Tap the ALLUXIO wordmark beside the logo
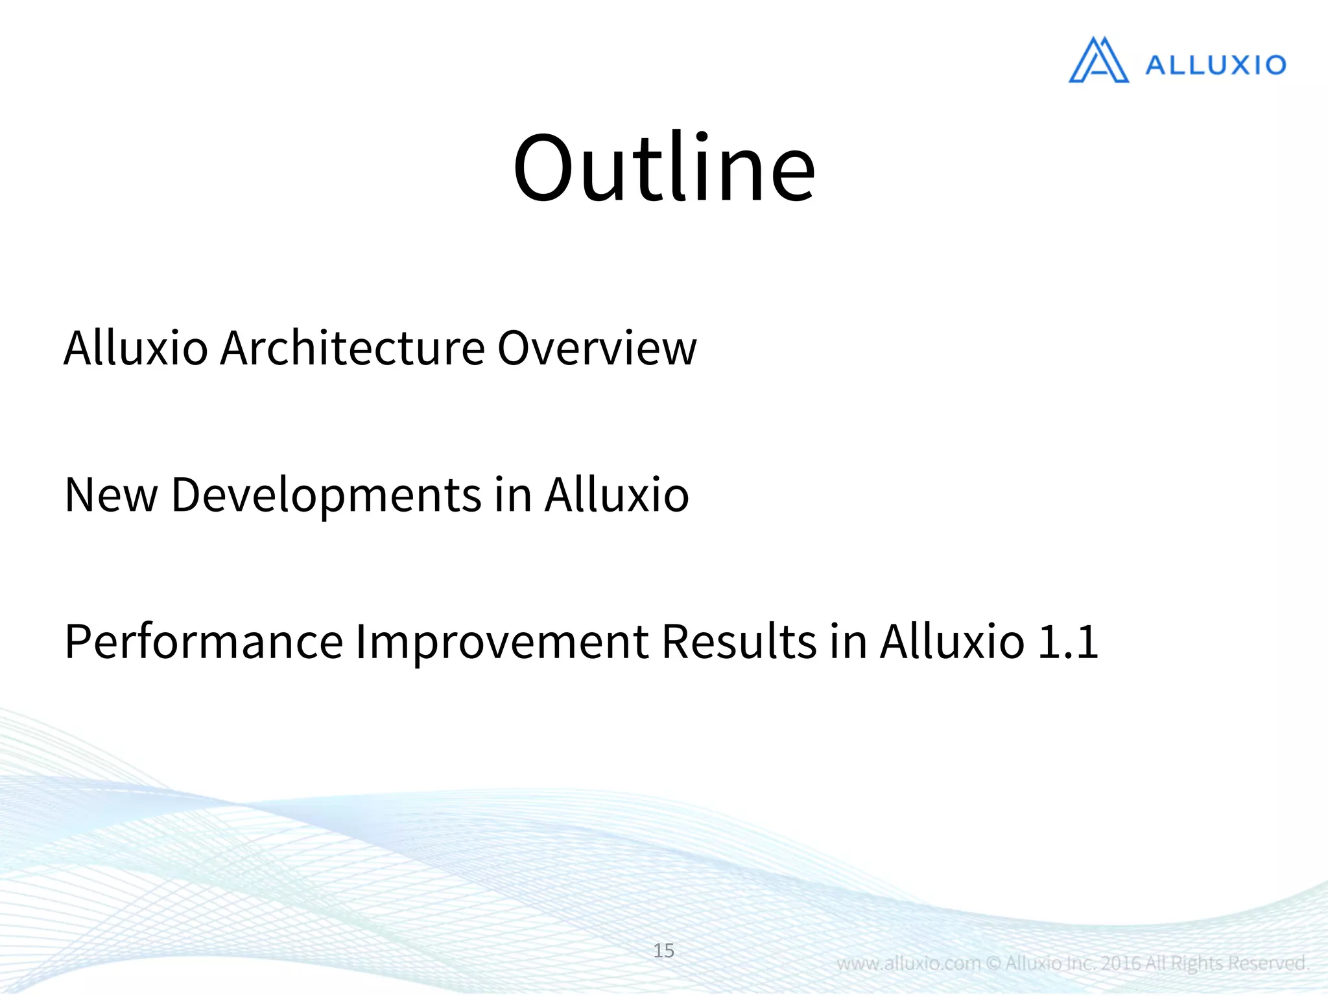[1215, 65]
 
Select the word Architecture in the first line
[353, 348]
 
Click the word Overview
[597, 348]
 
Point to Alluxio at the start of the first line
[136, 348]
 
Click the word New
[111, 495]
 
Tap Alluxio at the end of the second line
[616, 495]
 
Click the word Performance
[204, 641]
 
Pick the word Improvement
[501, 643]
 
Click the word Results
[739, 641]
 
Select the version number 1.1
[1067, 643]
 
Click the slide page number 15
[663, 951]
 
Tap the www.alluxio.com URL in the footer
[908, 963]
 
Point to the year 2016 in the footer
[1121, 963]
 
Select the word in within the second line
[512, 495]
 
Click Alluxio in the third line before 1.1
[952, 641]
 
